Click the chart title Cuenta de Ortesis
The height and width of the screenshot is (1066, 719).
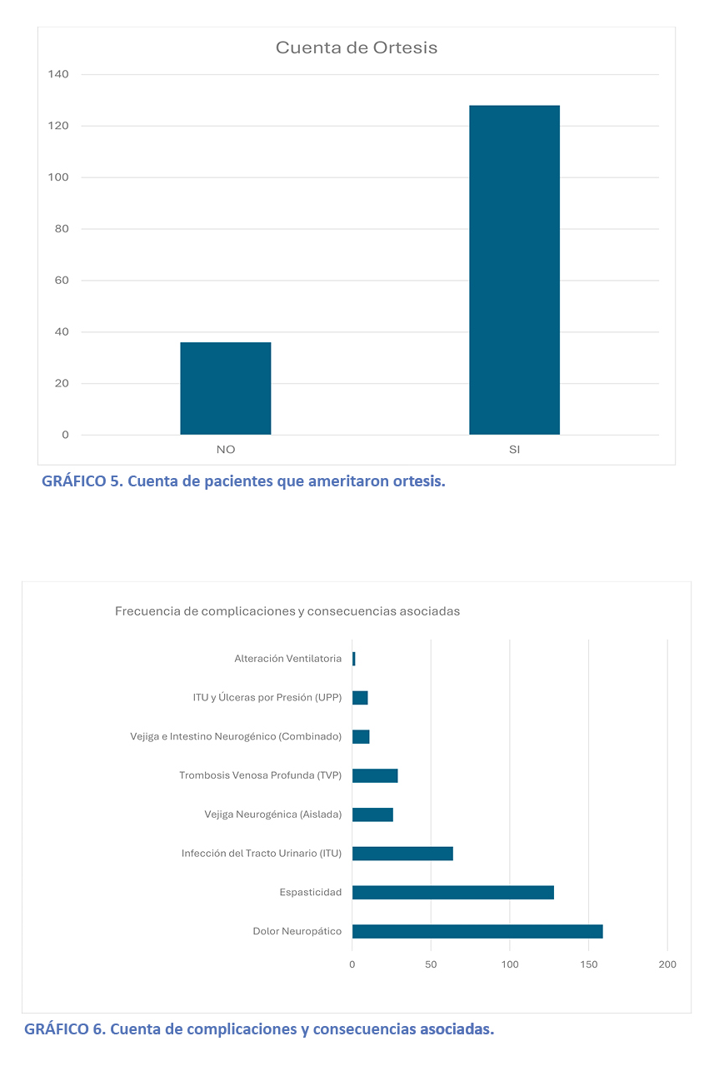[357, 47]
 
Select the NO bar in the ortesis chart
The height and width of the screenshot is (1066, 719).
[225, 388]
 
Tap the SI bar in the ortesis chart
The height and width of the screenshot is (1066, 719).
[514, 270]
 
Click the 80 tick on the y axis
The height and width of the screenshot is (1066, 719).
[62, 229]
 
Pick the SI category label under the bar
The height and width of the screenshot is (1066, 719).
[514, 450]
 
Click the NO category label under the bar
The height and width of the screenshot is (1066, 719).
[225, 450]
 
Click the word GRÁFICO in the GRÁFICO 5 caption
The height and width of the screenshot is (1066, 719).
[73, 482]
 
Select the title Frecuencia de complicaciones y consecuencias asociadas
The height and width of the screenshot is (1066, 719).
[287, 611]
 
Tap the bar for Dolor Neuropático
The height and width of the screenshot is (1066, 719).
[477, 931]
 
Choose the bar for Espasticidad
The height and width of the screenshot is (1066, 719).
[452, 892]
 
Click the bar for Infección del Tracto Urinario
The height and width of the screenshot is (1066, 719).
[402, 854]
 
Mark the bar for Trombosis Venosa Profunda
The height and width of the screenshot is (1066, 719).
[375, 775]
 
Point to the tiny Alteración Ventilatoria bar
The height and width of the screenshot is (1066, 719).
[353, 659]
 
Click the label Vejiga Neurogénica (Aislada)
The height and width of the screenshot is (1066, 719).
[272, 814]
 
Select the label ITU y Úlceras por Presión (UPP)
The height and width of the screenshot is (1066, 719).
[267, 698]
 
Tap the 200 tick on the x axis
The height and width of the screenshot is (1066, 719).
[667, 964]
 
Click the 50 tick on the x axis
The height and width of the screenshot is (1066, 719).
[431, 964]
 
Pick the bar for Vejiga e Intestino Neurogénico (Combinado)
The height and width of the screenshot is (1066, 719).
[361, 737]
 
